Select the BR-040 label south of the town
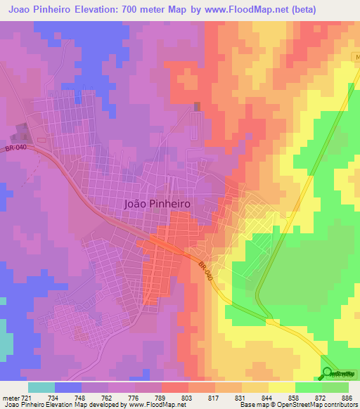205,273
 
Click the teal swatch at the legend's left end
41,387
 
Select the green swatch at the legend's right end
335,387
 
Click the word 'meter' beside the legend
10,397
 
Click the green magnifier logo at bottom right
328,374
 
